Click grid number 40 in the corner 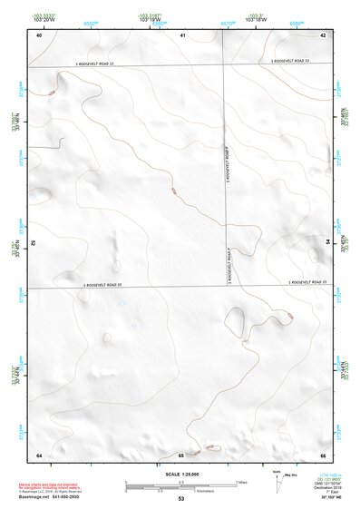pos(38,35)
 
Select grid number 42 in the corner pos(324,35)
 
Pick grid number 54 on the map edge pos(327,242)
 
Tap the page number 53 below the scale pos(180,499)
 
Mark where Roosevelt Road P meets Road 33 pos(224,65)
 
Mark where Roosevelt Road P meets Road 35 pos(224,288)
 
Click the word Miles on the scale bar pos(240,480)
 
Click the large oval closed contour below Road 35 pos(234,323)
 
